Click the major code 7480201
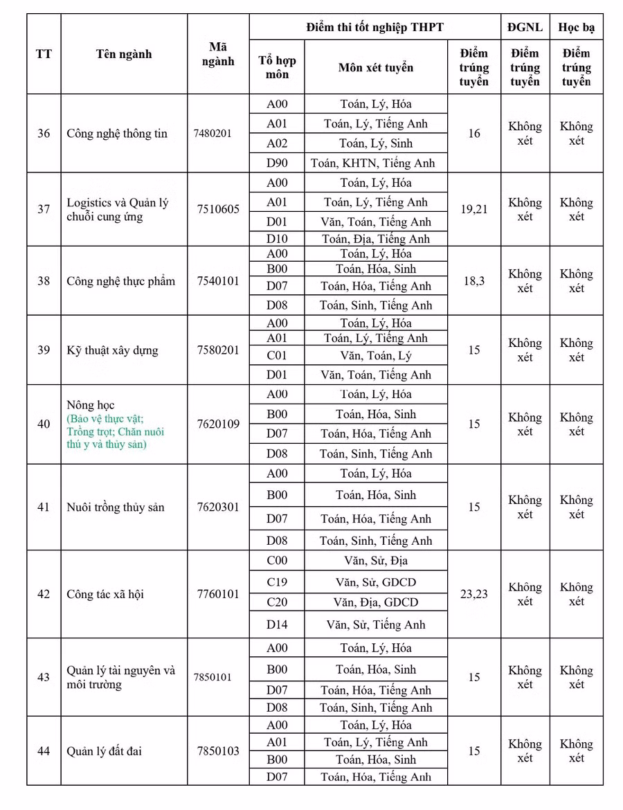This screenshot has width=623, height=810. pyautogui.click(x=213, y=134)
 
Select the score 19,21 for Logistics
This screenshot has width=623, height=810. pyautogui.click(x=473, y=209)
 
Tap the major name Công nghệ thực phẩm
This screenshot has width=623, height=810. pyautogui.click(x=120, y=281)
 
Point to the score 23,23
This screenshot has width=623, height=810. pyautogui.click(x=473, y=594)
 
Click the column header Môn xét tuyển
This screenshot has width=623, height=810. pyautogui.click(x=375, y=67)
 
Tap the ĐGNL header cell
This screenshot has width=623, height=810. pyautogui.click(x=525, y=27)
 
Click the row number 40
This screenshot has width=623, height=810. pyautogui.click(x=44, y=424)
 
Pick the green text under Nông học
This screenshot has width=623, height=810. pyautogui.click(x=116, y=432)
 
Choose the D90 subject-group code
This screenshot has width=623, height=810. pyautogui.click(x=277, y=163)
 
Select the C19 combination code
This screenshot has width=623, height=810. pyautogui.click(x=277, y=582)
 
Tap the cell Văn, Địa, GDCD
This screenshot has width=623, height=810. pyautogui.click(x=375, y=602)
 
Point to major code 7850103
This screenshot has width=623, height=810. pyautogui.click(x=217, y=750)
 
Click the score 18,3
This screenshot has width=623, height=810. pyautogui.click(x=473, y=280)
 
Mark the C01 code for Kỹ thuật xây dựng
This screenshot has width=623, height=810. pyautogui.click(x=277, y=356)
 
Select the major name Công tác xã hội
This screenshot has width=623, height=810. pyautogui.click(x=105, y=594)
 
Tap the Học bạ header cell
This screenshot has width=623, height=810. pyautogui.click(x=576, y=27)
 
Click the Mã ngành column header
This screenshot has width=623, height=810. pyautogui.click(x=218, y=54)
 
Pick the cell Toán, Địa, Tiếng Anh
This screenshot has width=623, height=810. pyautogui.click(x=375, y=239)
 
